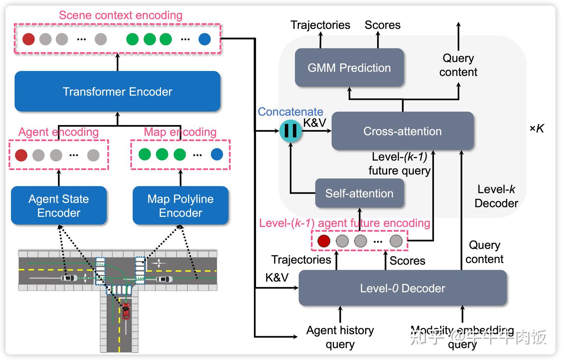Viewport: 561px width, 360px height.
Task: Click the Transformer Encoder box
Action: [117, 92]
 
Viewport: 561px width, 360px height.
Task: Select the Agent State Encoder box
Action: [59, 206]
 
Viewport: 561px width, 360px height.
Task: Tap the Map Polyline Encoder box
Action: [180, 206]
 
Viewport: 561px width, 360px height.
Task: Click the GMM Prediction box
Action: [349, 68]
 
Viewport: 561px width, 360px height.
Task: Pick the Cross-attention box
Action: [402, 131]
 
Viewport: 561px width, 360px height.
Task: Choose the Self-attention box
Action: [359, 193]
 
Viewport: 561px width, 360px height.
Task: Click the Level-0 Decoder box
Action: [402, 288]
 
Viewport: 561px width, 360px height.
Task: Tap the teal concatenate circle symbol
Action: [291, 131]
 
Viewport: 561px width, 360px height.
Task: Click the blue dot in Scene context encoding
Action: [205, 39]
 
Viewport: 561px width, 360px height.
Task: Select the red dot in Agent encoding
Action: [21, 155]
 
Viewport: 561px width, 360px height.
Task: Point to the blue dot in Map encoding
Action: [217, 154]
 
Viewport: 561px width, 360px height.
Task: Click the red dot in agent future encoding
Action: [324, 241]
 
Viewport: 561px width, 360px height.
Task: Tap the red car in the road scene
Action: [126, 311]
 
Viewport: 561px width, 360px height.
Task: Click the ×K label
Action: [536, 129]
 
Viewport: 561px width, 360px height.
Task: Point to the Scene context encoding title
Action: [120, 15]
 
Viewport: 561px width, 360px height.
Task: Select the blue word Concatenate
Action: [290, 112]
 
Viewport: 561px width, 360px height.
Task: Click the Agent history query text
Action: [340, 337]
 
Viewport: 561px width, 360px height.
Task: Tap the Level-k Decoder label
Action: [496, 196]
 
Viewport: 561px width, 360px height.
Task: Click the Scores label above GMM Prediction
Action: [382, 25]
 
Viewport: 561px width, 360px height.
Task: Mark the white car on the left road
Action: [69, 278]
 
